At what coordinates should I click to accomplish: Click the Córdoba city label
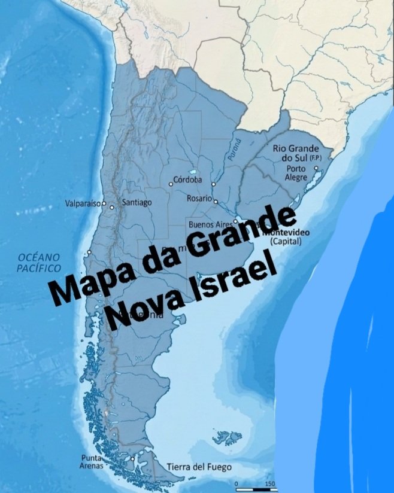tap(189, 179)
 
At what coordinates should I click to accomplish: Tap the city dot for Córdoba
tap(171, 184)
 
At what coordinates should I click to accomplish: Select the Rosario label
tap(199, 198)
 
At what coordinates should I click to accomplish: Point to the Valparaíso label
tap(83, 204)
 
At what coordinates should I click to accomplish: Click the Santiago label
tap(137, 202)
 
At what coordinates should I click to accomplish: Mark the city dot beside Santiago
tap(112, 207)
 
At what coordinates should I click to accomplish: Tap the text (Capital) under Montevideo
tap(286, 242)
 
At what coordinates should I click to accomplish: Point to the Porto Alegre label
tap(296, 173)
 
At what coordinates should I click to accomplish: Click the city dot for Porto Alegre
tap(317, 169)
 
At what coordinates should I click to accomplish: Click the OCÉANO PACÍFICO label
tap(39, 263)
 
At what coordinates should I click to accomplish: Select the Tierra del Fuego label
tap(198, 467)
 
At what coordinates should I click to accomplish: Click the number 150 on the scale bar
tap(269, 483)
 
